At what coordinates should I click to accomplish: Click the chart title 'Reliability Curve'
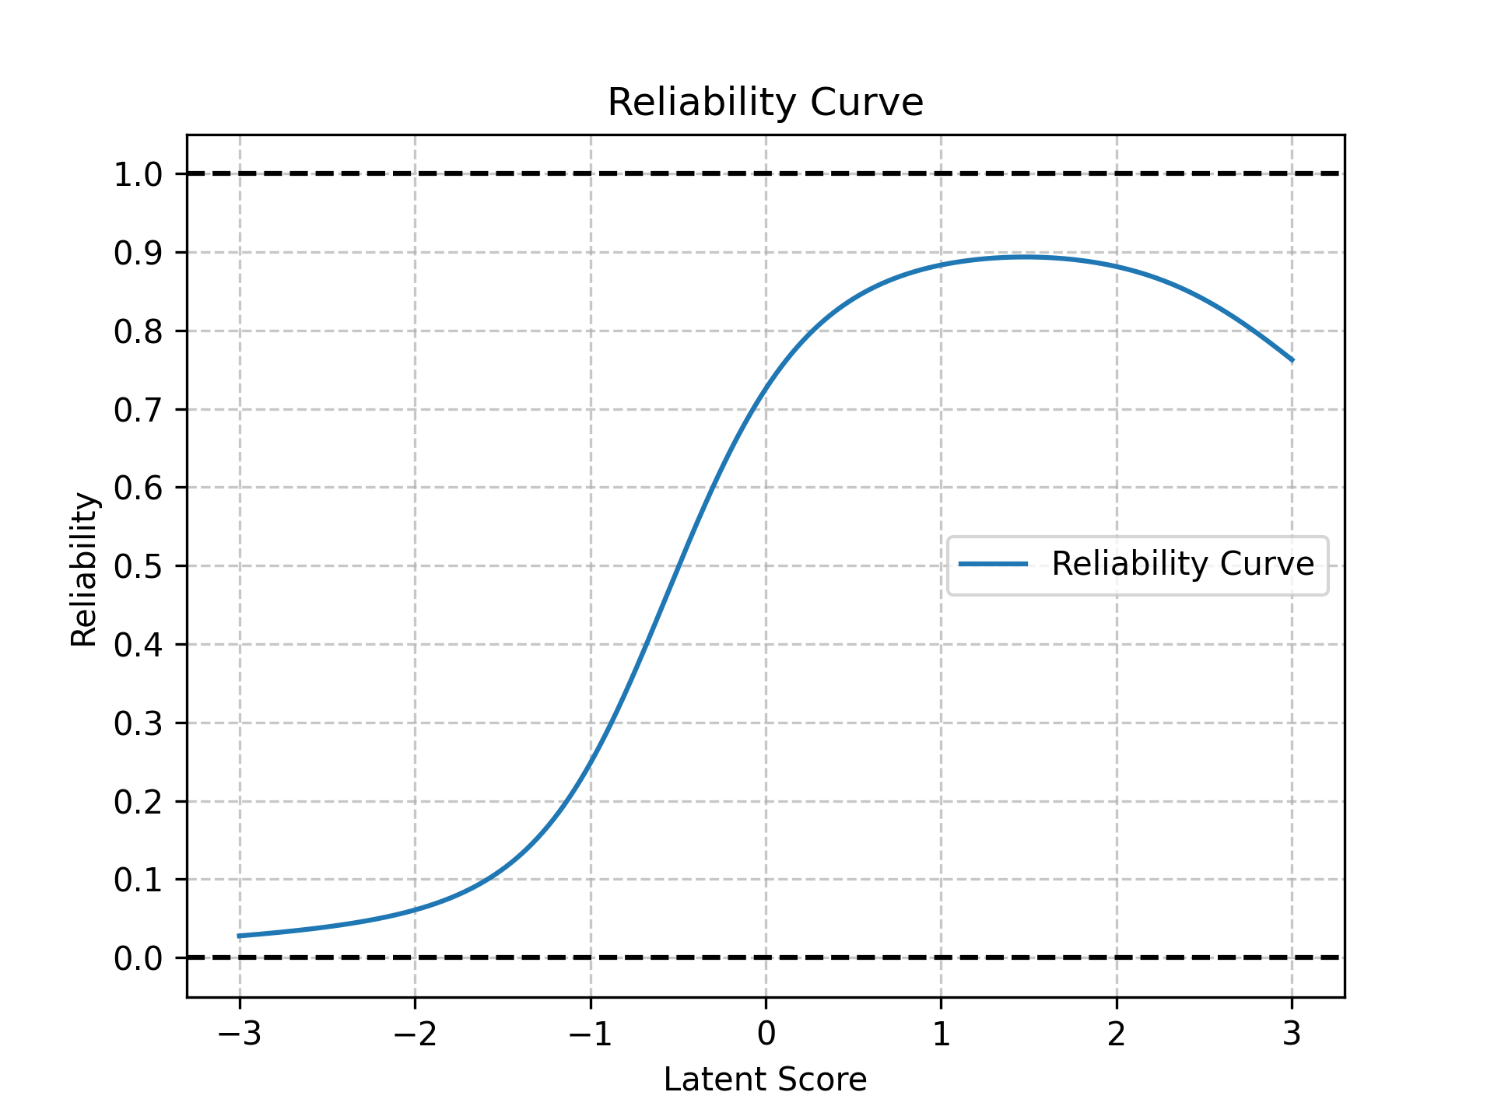[x=765, y=103]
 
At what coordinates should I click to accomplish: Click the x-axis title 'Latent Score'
[x=765, y=1080]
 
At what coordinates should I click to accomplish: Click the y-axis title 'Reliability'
[x=84, y=569]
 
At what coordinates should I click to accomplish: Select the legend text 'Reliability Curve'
[x=1182, y=564]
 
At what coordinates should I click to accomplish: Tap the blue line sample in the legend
[x=993, y=564]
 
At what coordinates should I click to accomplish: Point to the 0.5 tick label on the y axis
[x=138, y=567]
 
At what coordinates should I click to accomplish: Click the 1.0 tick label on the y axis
[x=138, y=175]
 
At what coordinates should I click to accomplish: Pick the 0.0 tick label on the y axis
[x=138, y=958]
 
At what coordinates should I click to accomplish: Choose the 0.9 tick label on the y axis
[x=138, y=254]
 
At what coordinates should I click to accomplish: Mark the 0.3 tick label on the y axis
[x=138, y=724]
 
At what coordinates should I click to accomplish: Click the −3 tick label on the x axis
[x=239, y=1034]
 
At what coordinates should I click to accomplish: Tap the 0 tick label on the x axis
[x=766, y=1034]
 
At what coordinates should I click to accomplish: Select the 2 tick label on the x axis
[x=1117, y=1034]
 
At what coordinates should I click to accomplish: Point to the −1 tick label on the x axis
[x=590, y=1034]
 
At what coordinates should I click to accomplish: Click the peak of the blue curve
[x=1027, y=256]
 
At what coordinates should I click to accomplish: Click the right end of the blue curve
[x=1292, y=361]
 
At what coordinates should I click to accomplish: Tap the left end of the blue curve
[x=239, y=936]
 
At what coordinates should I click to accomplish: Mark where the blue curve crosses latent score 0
[x=766, y=386]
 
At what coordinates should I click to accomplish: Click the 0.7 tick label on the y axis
[x=138, y=410]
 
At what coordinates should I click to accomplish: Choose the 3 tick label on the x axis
[x=1292, y=1034]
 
